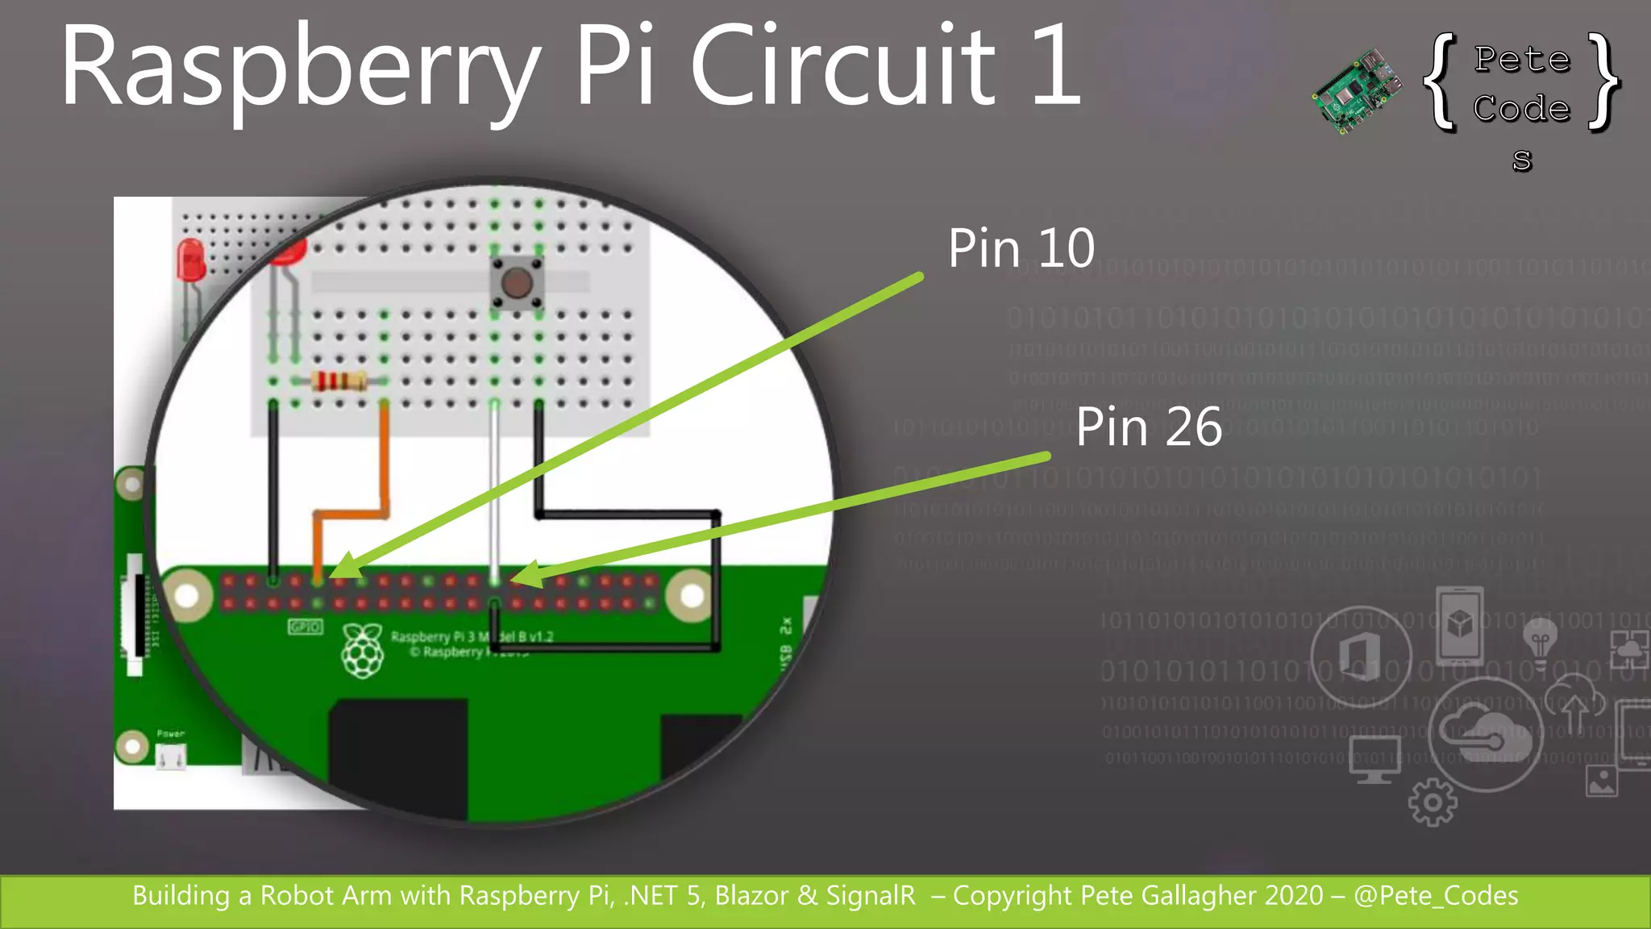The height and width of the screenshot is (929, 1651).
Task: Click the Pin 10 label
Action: click(1021, 248)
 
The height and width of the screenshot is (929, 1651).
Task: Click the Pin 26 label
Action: click(1148, 427)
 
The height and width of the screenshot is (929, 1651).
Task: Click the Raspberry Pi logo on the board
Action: click(363, 650)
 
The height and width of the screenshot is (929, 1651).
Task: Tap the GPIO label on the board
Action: click(305, 627)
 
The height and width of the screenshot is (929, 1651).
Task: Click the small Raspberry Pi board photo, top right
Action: click(1357, 91)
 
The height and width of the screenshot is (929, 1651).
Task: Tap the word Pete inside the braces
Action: click(1522, 59)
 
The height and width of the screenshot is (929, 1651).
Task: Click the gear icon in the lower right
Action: click(1432, 802)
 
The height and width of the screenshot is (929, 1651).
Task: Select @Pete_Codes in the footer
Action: click(1436, 896)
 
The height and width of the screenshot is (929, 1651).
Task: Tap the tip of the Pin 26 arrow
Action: click(513, 578)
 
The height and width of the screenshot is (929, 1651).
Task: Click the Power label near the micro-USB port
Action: click(170, 734)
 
